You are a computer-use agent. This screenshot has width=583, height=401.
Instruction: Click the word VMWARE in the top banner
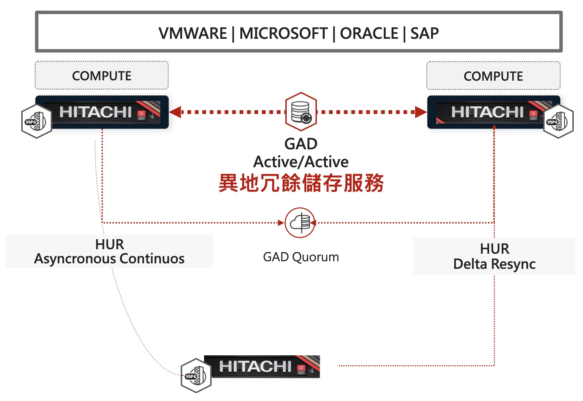(192, 34)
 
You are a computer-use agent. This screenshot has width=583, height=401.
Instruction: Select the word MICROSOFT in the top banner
(283, 34)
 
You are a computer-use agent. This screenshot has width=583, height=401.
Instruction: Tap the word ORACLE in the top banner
(369, 34)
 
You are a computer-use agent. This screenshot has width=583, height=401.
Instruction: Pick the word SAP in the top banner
(425, 34)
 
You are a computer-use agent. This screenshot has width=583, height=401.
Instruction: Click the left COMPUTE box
(102, 76)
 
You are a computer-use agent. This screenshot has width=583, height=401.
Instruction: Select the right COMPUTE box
(493, 76)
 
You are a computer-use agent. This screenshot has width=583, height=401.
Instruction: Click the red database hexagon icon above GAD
(301, 112)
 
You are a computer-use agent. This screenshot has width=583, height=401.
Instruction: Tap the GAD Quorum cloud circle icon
(300, 223)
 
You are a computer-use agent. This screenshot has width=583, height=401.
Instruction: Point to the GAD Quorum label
(301, 257)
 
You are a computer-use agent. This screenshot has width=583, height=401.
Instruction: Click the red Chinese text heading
(301, 183)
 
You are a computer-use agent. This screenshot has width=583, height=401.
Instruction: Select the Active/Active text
(301, 162)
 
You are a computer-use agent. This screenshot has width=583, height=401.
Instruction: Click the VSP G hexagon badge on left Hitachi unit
(36, 121)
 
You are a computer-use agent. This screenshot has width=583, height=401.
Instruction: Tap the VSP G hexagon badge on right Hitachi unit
(558, 121)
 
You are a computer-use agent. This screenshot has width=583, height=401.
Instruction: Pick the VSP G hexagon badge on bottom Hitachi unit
(196, 376)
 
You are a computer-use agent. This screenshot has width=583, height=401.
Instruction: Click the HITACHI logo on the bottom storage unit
(255, 366)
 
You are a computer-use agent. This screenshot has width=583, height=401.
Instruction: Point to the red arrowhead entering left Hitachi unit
(175, 112)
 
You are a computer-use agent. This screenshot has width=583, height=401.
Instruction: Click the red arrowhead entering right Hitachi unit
(421, 112)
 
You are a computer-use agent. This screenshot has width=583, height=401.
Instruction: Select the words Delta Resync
(494, 264)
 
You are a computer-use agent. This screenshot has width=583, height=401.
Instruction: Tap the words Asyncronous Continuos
(109, 259)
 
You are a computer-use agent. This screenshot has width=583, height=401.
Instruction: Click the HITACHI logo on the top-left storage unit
(95, 112)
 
